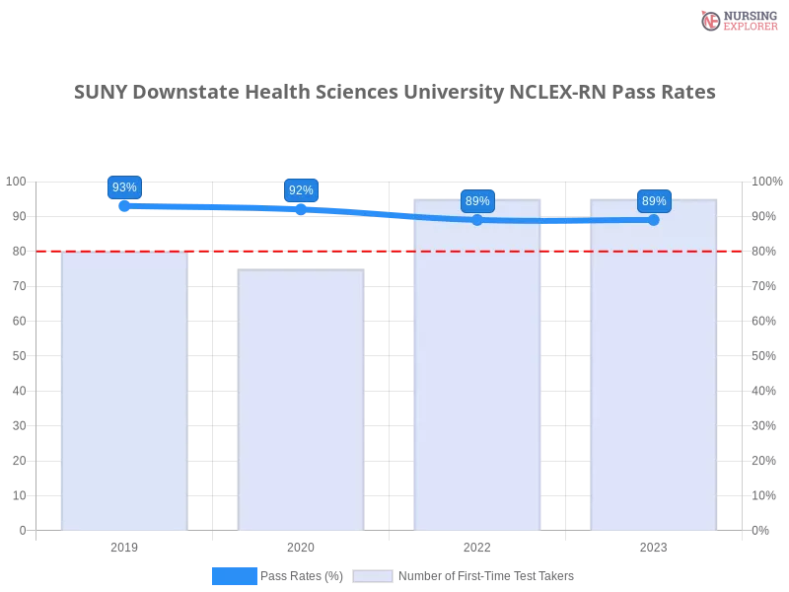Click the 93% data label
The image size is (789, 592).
coord(124,187)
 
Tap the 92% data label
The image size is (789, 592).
coord(301,190)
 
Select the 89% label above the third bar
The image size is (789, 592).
coord(477,201)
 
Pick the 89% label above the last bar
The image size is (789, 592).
coord(654,201)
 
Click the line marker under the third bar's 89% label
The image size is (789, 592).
coord(477,219)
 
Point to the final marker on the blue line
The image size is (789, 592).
coord(654,219)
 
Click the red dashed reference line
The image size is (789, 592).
coord(394,251)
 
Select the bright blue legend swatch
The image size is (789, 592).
coord(234,576)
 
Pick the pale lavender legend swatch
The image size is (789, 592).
coord(373,576)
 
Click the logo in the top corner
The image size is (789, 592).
coord(737,20)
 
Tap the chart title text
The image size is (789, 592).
coord(394,93)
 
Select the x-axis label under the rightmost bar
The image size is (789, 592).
coord(654,546)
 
